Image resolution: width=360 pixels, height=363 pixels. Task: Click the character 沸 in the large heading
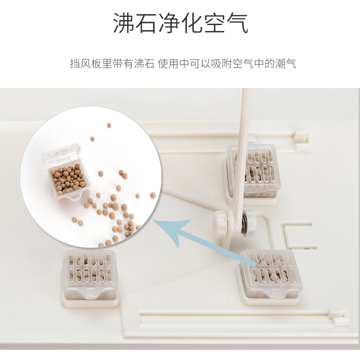coord(123,23)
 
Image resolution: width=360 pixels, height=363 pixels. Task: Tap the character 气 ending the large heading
coord(237,23)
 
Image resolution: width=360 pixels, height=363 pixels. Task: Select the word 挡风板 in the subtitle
coord(86,63)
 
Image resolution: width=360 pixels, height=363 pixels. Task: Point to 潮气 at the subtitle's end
coord(286,63)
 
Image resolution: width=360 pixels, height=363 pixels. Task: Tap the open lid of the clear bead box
coord(62,154)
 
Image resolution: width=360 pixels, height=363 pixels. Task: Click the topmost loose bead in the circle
coord(109,125)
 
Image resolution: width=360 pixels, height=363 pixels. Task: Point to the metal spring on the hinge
coord(245,223)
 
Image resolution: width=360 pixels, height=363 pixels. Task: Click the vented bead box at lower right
coord(271,274)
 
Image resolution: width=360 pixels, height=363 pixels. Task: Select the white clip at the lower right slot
coord(339,317)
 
